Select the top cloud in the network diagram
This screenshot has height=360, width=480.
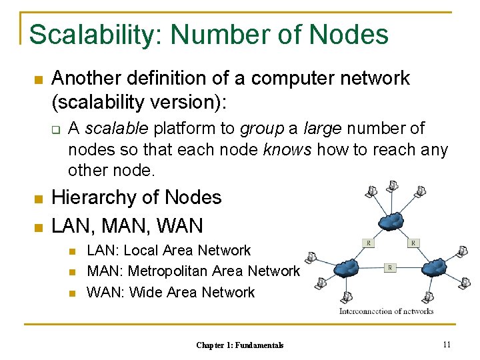391,220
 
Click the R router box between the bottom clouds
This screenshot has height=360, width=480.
390,267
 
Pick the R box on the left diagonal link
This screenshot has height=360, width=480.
367,243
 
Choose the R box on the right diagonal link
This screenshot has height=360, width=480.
413,243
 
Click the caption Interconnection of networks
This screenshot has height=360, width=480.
387,311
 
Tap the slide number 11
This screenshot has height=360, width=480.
447,344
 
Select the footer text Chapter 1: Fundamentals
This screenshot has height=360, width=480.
240,345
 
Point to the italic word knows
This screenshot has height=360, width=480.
287,149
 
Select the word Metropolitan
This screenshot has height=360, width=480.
169,271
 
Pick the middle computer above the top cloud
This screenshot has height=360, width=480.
395,184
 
